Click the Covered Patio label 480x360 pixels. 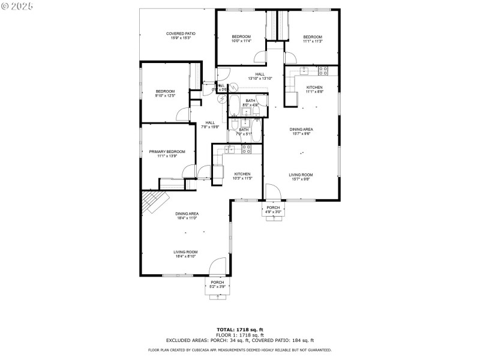[x=181, y=35]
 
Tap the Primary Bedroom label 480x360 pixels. [x=167, y=154]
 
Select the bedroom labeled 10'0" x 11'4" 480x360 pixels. [x=241, y=38]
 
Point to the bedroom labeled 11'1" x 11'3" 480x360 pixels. [x=312, y=38]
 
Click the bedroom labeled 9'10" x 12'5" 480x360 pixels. [x=165, y=93]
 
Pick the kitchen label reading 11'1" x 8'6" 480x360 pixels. [x=314, y=89]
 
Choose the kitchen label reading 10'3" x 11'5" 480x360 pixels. [x=242, y=176]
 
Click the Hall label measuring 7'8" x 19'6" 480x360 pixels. [x=210, y=124]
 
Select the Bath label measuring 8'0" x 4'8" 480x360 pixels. [x=250, y=103]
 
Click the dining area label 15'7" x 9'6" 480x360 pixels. [x=301, y=131]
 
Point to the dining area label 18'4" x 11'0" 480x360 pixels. [x=187, y=215]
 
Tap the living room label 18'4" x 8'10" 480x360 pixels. [x=186, y=254]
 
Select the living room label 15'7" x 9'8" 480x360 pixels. [x=301, y=177]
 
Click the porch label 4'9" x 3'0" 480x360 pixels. [x=273, y=209]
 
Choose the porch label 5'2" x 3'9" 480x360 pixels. [x=217, y=284]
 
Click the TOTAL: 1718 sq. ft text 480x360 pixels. [x=239, y=329]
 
